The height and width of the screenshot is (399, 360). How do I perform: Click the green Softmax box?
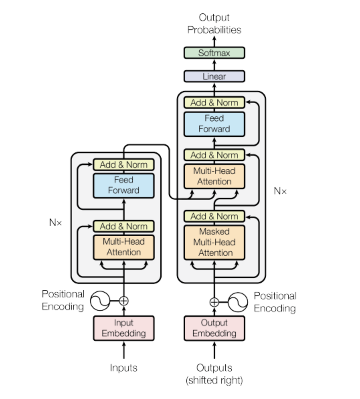214,53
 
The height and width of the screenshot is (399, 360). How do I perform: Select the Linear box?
214,76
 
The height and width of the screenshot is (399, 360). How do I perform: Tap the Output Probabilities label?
214,23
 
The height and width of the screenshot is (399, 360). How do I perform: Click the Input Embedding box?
123,328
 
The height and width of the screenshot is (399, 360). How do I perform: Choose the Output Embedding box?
214,328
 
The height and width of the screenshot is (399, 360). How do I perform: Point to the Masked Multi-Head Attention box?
214,242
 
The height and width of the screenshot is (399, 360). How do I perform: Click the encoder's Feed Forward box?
123,185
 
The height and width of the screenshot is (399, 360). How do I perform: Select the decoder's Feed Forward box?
214,124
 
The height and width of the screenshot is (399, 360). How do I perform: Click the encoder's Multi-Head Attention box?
123,247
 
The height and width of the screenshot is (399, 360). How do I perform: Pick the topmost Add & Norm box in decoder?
214,103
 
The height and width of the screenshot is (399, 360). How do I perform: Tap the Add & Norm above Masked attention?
214,216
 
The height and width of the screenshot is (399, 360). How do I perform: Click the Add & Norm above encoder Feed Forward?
123,164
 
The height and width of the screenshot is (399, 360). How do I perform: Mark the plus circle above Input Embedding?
124,301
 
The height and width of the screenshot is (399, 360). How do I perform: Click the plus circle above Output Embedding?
214,302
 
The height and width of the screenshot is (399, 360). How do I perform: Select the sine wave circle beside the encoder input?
100,301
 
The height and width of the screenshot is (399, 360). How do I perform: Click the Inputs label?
123,368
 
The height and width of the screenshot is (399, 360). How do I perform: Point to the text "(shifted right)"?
214,380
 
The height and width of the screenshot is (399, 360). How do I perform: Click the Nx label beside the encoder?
55,223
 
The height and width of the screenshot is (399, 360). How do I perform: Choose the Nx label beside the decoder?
280,191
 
